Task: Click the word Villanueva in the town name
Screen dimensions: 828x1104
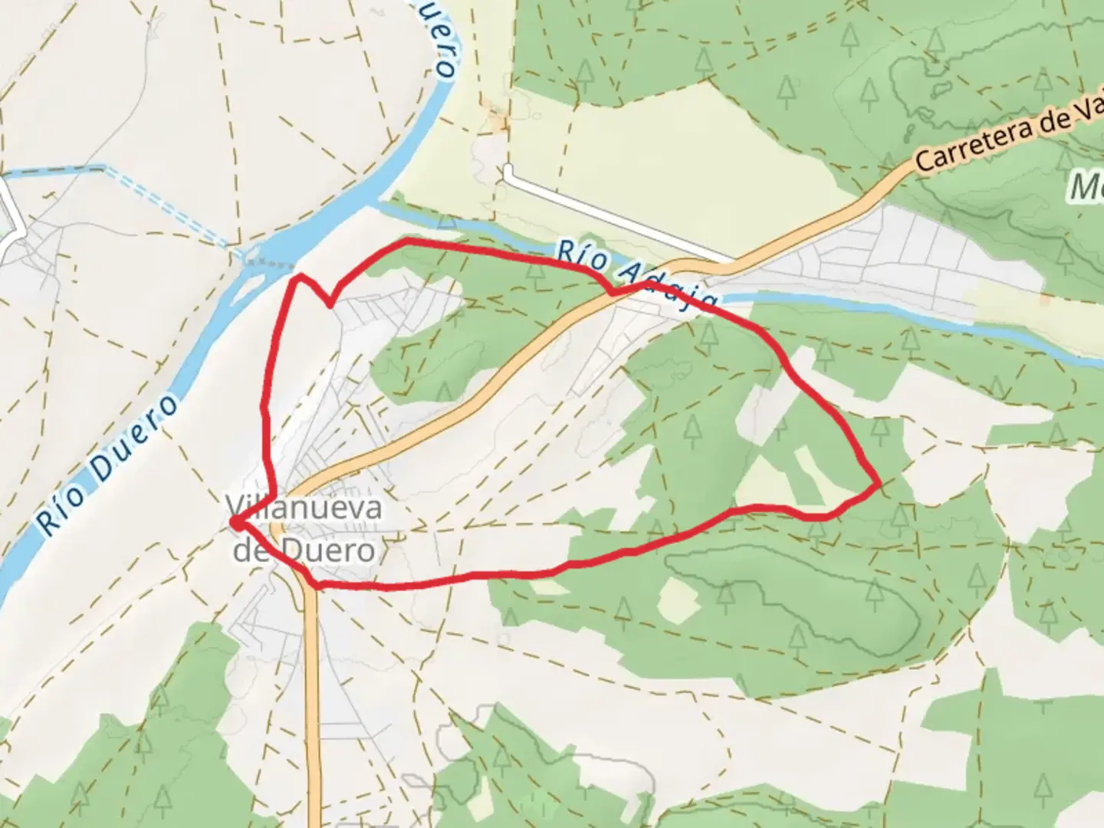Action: click(304, 508)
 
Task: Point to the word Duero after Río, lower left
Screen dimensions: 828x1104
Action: click(136, 439)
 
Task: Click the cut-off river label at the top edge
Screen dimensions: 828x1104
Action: click(442, 38)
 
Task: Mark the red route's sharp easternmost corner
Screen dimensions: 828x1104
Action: click(878, 484)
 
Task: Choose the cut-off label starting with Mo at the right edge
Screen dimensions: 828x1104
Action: click(1087, 186)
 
